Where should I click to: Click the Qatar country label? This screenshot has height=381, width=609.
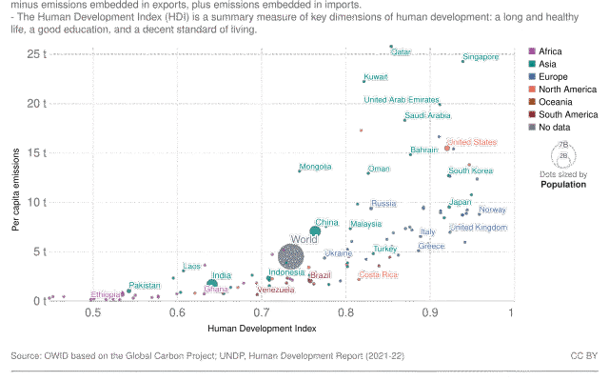(x=401, y=51)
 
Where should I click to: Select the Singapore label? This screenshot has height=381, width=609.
(x=481, y=57)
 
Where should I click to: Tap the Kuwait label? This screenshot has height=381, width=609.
(x=376, y=77)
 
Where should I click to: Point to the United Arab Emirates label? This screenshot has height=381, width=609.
(x=402, y=99)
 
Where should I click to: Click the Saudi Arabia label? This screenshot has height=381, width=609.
(x=427, y=115)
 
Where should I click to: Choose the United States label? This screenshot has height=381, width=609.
(x=472, y=142)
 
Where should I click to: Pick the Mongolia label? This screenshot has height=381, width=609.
(x=315, y=166)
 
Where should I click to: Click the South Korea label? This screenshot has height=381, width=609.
(x=471, y=171)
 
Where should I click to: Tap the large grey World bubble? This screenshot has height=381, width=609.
(x=290, y=255)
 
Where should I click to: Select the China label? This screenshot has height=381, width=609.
(x=326, y=222)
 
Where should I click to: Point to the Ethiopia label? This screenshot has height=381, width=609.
(x=106, y=294)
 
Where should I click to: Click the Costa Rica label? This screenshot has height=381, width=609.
(x=378, y=274)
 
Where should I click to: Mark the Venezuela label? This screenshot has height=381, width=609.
(x=276, y=289)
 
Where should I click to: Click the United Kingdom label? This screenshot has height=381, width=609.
(x=479, y=228)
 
